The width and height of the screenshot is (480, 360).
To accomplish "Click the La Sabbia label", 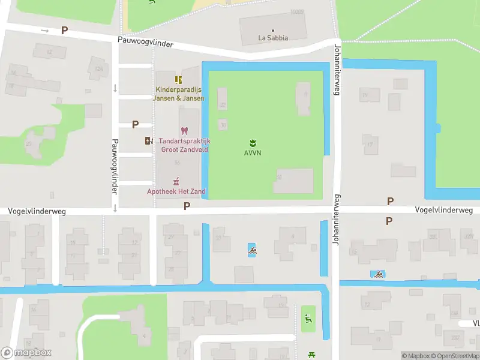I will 273,38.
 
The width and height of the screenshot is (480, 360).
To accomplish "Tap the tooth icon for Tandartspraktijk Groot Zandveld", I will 184,130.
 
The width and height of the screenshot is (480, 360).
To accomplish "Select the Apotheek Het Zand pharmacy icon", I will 176,181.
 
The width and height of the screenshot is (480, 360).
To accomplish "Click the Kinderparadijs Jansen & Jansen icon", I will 178,80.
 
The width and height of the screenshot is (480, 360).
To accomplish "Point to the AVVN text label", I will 252,153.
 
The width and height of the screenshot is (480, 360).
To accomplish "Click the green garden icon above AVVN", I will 253,142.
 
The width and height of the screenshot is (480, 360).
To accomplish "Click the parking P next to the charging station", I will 135,124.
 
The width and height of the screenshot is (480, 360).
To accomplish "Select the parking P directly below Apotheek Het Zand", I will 187,206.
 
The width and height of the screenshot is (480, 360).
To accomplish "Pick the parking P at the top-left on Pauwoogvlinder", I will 64,30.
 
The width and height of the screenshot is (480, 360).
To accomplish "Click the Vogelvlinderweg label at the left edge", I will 37,211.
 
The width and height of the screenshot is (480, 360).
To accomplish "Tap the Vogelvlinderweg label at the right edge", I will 443,210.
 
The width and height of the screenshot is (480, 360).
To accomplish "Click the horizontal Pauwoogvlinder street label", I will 145,44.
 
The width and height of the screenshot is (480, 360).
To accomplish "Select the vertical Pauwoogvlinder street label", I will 113,167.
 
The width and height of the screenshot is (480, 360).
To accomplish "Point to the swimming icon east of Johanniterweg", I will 378,274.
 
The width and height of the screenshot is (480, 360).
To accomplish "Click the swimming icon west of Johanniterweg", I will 253,250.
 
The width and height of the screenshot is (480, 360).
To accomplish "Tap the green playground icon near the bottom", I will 308,319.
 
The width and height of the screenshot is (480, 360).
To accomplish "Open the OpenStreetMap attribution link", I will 454,356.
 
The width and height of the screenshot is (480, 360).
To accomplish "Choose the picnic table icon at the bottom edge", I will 311,355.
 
